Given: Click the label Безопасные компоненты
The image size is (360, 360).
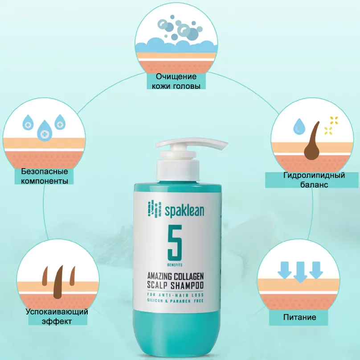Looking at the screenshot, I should [44, 176].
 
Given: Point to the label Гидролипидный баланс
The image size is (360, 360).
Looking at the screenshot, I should [314, 180].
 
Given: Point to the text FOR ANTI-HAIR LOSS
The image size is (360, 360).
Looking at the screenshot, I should [178, 295].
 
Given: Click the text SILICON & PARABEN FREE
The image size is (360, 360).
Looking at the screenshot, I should [178, 302].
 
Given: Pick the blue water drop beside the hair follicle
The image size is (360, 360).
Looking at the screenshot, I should [298, 127].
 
